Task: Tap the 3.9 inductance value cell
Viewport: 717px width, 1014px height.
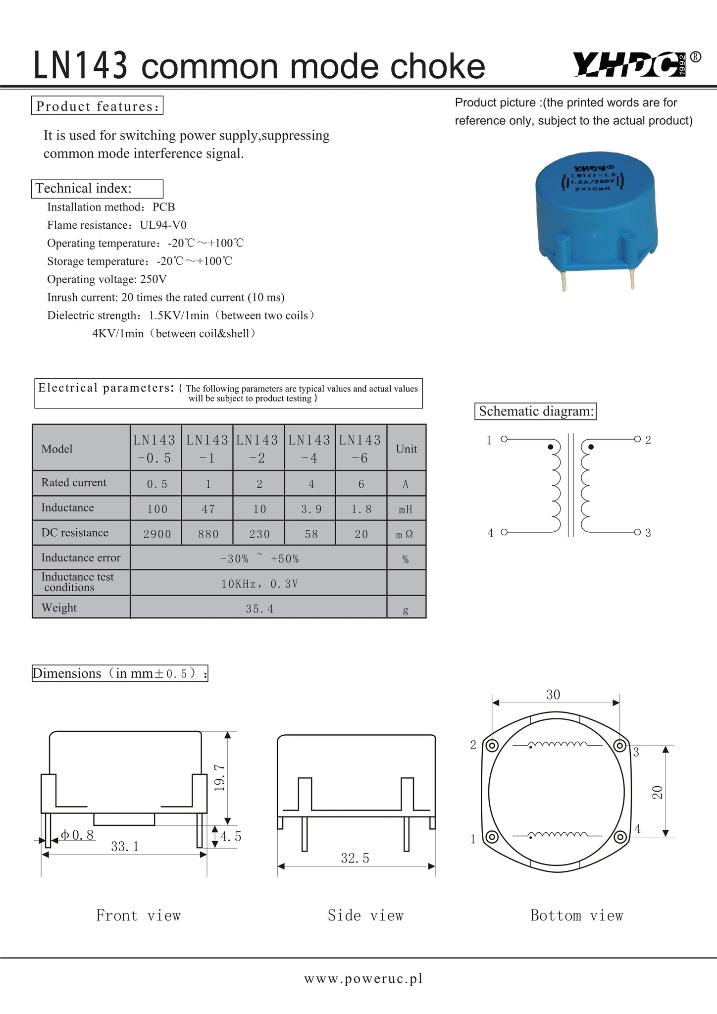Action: pyautogui.click(x=310, y=509)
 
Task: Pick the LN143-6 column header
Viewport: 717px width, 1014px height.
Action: pyautogui.click(x=360, y=449)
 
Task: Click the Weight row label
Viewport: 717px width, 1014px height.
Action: pyautogui.click(x=59, y=608)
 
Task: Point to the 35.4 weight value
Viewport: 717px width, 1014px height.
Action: pyautogui.click(x=259, y=609)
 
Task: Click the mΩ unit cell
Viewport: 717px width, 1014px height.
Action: pyautogui.click(x=406, y=534)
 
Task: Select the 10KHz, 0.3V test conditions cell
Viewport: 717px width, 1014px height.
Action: pyautogui.click(x=259, y=584)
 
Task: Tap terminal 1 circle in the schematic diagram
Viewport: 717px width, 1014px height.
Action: pyautogui.click(x=504, y=439)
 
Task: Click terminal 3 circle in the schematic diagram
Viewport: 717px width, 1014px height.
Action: pyautogui.click(x=637, y=532)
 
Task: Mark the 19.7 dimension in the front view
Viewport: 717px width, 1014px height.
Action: pyautogui.click(x=220, y=777)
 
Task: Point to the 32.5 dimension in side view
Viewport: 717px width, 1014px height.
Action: pyautogui.click(x=355, y=858)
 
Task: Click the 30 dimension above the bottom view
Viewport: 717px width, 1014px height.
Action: pyautogui.click(x=553, y=695)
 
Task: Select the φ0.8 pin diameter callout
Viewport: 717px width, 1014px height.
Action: pyautogui.click(x=77, y=835)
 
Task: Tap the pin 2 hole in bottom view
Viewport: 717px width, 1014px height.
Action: pyautogui.click(x=492, y=746)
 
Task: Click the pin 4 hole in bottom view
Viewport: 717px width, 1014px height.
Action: pyautogui.click(x=620, y=837)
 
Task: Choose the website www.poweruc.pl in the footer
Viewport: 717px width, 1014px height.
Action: pyautogui.click(x=363, y=979)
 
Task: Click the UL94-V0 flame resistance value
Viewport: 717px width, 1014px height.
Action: pyautogui.click(x=163, y=225)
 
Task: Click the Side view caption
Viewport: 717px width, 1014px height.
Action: pyautogui.click(x=365, y=915)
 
